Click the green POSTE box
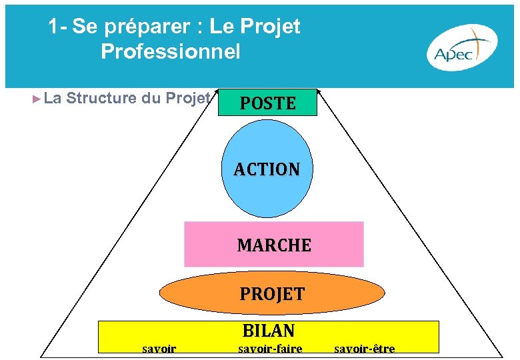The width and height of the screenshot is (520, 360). [267, 103]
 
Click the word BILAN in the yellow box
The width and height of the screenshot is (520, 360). [268, 331]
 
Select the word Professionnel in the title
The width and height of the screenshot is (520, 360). [170, 52]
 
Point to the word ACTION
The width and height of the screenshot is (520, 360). [267, 169]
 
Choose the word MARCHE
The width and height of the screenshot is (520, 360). [274, 245]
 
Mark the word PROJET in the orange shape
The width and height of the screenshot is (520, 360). [272, 294]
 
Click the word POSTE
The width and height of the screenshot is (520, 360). [267, 103]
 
